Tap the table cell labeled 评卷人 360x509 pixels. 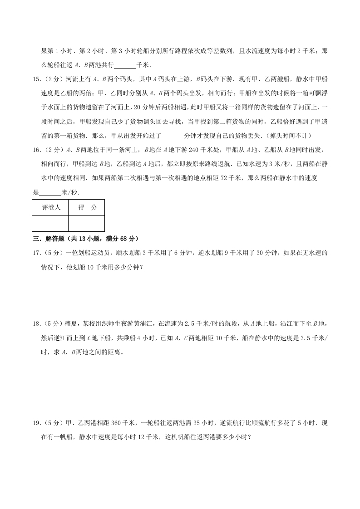pos(50,207)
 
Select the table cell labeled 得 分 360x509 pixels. pos(87,207)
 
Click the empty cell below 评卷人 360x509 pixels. pos(50,223)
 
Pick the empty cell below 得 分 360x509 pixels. pos(87,223)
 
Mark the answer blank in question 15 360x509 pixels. pos(173,136)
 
